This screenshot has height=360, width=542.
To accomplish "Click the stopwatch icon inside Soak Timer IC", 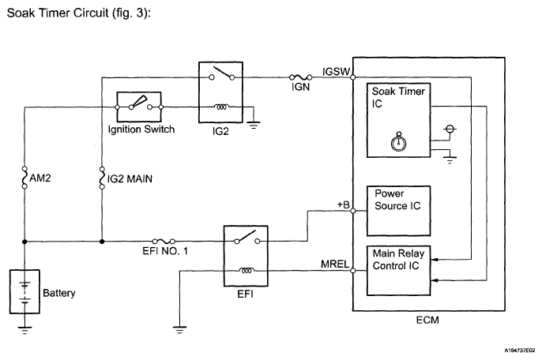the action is coord(398,141).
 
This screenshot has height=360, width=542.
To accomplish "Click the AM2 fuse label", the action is coord(40,178).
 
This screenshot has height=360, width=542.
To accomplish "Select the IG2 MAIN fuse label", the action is coord(130,179).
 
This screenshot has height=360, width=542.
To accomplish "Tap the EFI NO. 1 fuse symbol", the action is coord(164,241).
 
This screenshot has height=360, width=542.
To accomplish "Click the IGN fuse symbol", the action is coord(300,77).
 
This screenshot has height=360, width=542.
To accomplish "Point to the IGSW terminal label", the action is coord(336,72).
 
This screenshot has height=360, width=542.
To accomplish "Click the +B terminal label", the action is coord(344,204).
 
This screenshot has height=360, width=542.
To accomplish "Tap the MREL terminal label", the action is coord(335,264).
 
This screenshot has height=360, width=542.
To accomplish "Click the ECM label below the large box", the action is coord(427,321).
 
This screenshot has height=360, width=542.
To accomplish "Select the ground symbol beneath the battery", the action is coord(24,330).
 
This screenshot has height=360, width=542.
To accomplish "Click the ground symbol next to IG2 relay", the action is coord(254,125).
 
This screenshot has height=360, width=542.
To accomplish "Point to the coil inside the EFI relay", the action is coord(246,271).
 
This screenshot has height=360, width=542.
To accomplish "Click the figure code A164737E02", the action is coord(520,351).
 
